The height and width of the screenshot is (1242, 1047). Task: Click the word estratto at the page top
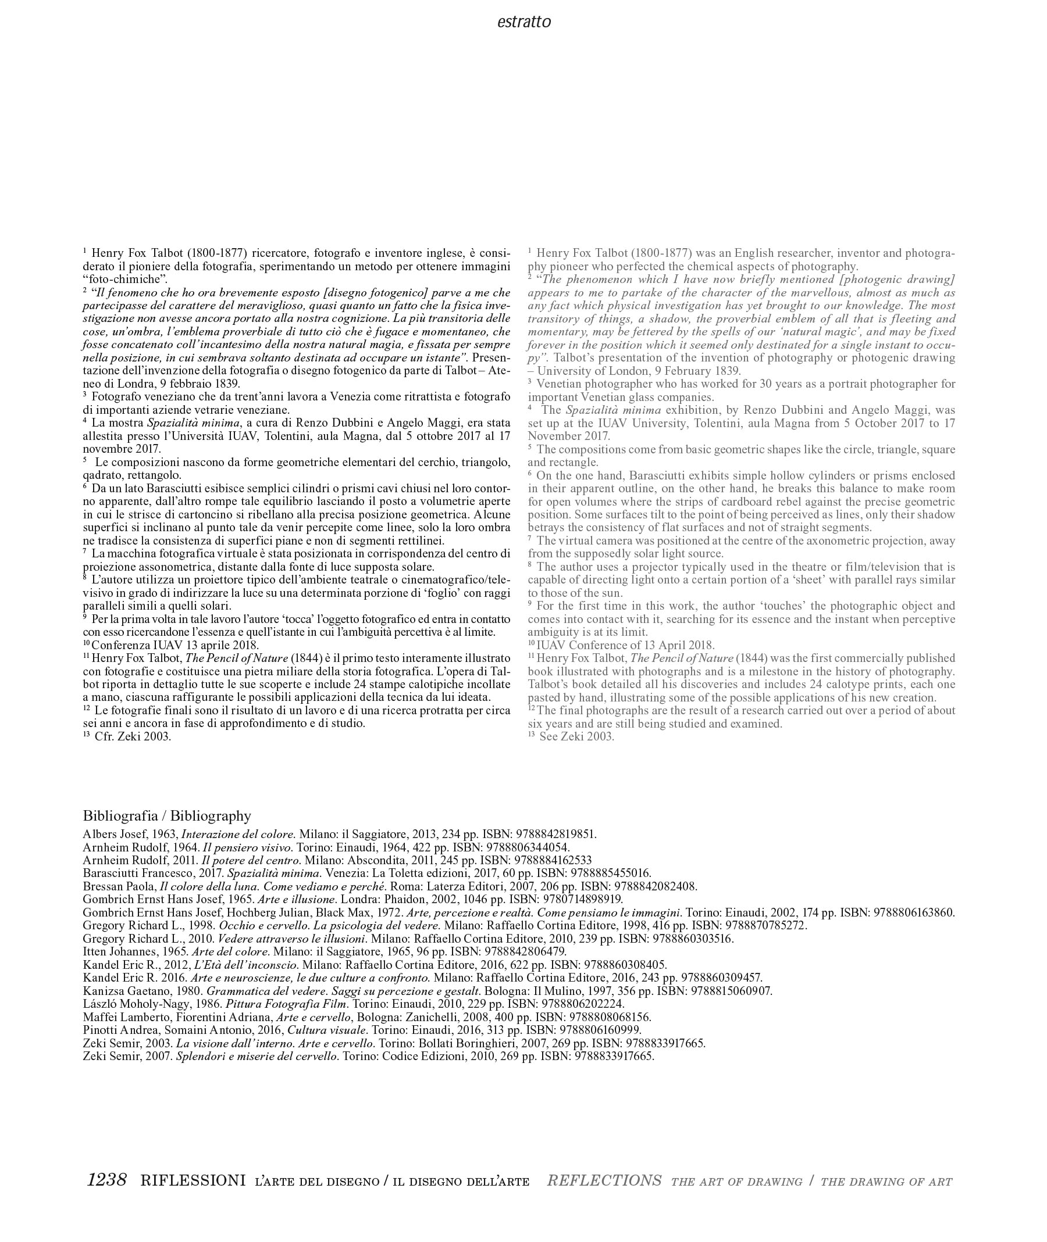pyautogui.click(x=523, y=23)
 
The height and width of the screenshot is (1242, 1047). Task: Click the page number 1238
pyautogui.click(x=108, y=1180)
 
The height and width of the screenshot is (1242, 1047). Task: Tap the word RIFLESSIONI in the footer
pyautogui.click(x=193, y=1180)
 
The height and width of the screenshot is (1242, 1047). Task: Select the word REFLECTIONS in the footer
pyautogui.click(x=604, y=1180)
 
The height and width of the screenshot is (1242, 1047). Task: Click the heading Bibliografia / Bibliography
pyautogui.click(x=167, y=815)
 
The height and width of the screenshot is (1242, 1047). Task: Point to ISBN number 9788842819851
pyautogui.click(x=555, y=834)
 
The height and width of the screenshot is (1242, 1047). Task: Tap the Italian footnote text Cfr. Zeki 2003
pyautogui.click(x=133, y=737)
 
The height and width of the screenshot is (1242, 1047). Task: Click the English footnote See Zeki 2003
pyautogui.click(x=576, y=737)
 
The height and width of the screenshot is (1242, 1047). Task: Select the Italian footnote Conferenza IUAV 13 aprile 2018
pyautogui.click(x=175, y=645)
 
